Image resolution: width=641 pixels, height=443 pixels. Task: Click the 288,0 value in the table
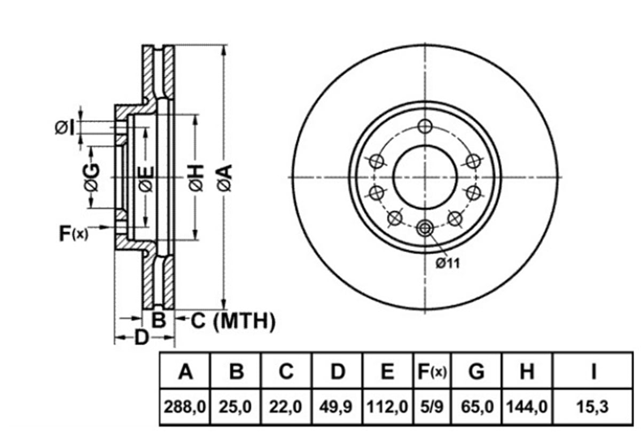click(x=185, y=407)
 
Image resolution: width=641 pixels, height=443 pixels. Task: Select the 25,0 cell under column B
click(x=235, y=407)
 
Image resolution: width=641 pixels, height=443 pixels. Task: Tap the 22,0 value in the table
click(x=285, y=407)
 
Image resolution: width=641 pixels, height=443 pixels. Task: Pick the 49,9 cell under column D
click(x=335, y=407)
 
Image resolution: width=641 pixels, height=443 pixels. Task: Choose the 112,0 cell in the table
click(x=387, y=407)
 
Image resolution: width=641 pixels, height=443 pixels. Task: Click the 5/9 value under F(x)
click(x=432, y=407)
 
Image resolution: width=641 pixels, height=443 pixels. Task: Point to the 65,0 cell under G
click(x=477, y=407)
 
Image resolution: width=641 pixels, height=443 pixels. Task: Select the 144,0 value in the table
click(x=527, y=407)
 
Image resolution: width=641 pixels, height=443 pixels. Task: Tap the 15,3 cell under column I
click(x=592, y=407)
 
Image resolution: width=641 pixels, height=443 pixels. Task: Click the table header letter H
click(x=527, y=371)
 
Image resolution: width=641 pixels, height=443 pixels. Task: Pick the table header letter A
click(x=185, y=371)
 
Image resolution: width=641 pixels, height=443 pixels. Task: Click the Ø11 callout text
click(x=448, y=263)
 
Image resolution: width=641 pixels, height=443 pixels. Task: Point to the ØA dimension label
click(x=225, y=178)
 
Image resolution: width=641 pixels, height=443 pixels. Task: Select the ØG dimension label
click(x=92, y=177)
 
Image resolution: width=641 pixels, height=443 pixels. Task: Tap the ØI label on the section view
click(x=65, y=128)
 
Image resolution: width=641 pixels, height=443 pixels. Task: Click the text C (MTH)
click(x=233, y=321)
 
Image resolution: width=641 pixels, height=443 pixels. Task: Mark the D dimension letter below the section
click(x=142, y=337)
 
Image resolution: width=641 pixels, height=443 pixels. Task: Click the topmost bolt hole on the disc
click(x=425, y=126)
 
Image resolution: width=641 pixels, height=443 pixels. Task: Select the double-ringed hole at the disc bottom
click(x=425, y=228)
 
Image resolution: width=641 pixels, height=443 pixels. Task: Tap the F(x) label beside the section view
click(x=74, y=234)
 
